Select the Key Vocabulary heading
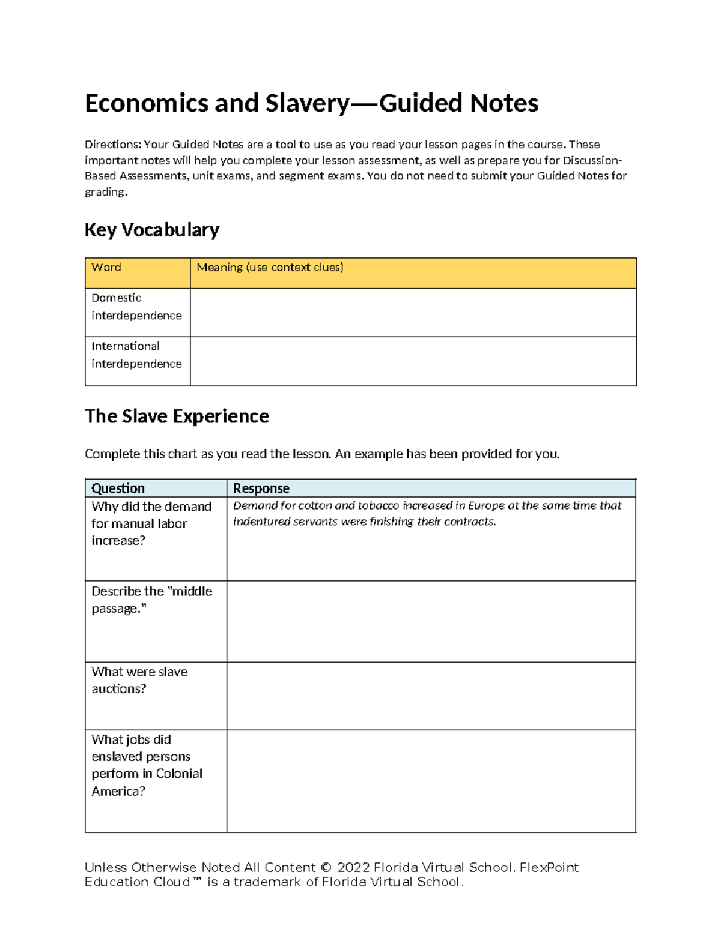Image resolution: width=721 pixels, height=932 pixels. [x=152, y=230]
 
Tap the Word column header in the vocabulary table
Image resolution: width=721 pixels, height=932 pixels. [x=106, y=268]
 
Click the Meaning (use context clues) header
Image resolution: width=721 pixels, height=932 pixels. [x=270, y=268]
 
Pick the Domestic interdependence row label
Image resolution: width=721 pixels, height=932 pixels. [x=136, y=307]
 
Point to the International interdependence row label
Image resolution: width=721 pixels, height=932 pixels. [x=136, y=355]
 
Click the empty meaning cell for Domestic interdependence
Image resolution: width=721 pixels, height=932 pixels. [x=413, y=313]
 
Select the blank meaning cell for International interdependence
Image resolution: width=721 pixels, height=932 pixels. [x=413, y=361]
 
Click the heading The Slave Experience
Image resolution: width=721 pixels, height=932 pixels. [x=177, y=416]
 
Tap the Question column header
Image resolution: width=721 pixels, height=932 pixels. [x=118, y=489]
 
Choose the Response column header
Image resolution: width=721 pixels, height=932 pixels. [x=261, y=489]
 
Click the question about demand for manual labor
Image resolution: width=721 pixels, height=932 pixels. [x=151, y=523]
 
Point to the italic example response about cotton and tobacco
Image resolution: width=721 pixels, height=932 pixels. [x=427, y=514]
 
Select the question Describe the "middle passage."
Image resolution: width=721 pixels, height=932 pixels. [x=151, y=600]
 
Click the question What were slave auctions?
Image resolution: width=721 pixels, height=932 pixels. [x=139, y=680]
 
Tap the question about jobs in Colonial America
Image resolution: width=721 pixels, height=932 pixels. [x=147, y=765]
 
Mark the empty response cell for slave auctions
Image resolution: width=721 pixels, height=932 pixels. [x=431, y=696]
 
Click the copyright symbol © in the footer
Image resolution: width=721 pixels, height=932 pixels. [x=326, y=868]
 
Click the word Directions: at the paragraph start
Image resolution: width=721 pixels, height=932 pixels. [x=112, y=145]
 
